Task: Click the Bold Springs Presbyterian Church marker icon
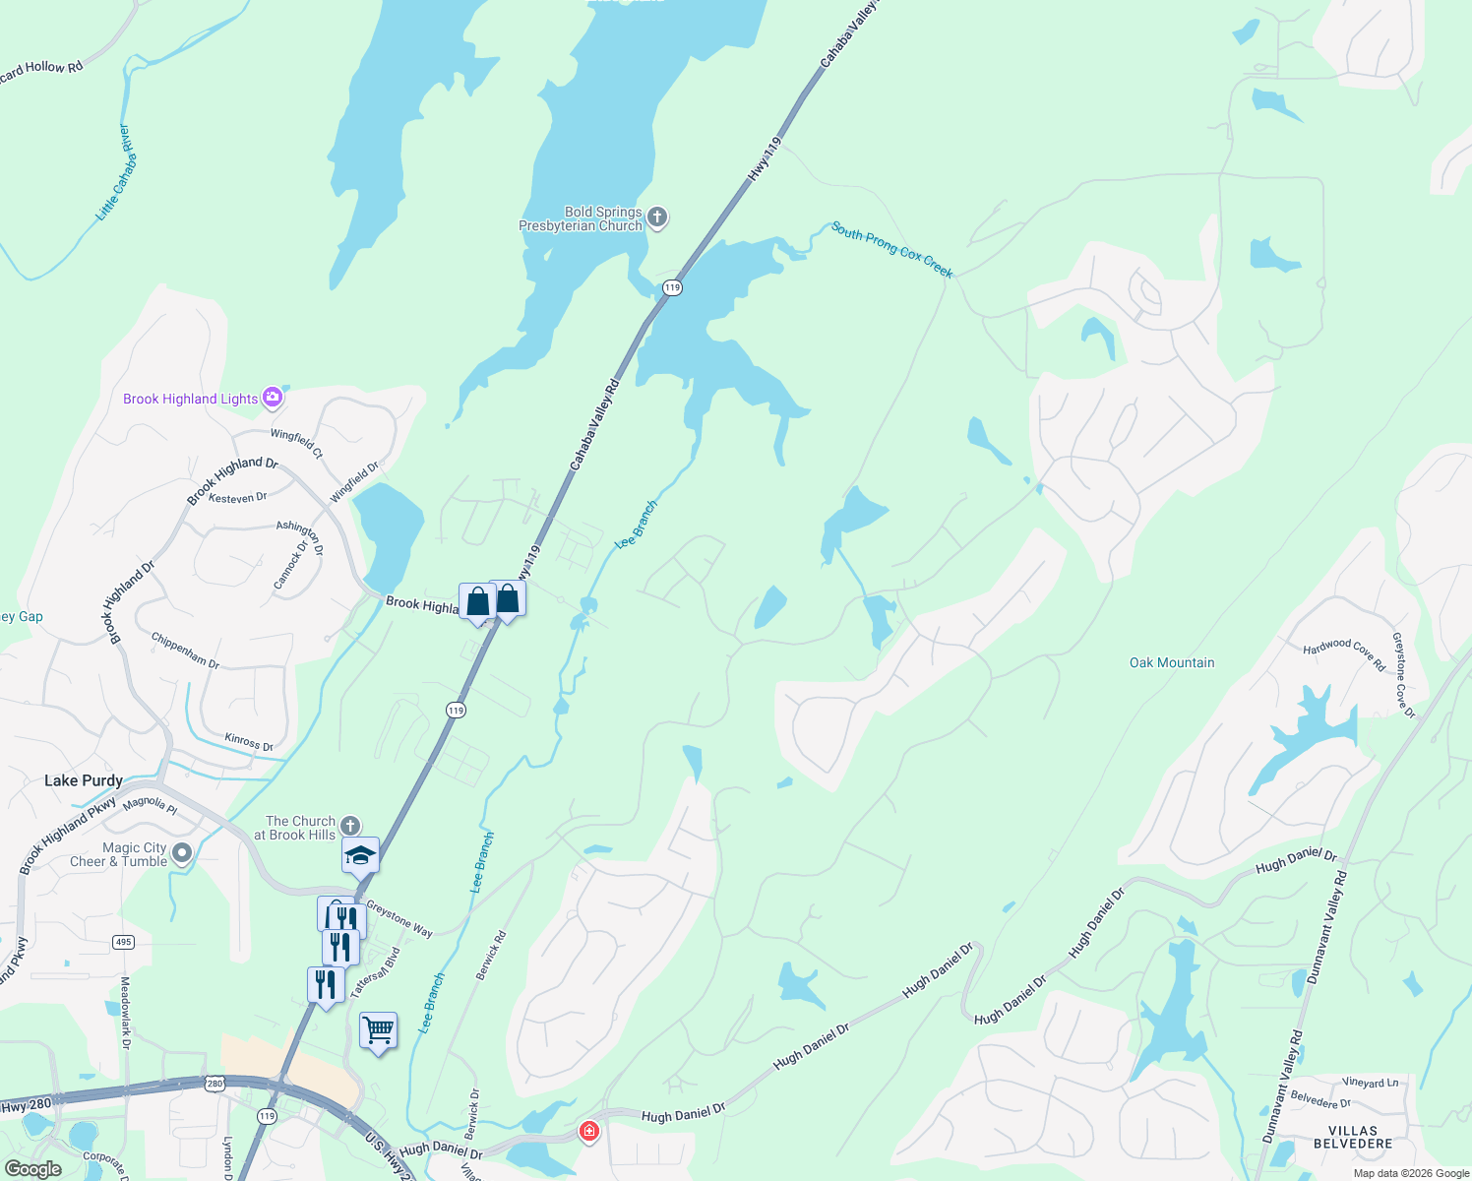[657, 218]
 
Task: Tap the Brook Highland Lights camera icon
[273, 398]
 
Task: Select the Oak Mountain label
[1171, 662]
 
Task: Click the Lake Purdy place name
[84, 780]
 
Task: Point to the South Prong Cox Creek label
[891, 249]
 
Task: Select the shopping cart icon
[379, 1030]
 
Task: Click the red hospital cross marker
[588, 1132]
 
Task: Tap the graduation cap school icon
[360, 855]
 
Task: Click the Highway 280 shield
[215, 1084]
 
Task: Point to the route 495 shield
[123, 942]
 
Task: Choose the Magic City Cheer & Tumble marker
[182, 853]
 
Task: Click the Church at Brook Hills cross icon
[349, 827]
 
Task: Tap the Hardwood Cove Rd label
[1344, 653]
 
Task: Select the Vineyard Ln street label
[1371, 1083]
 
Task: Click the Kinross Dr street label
[249, 742]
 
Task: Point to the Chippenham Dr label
[185, 651]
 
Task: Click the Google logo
[33, 1169]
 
